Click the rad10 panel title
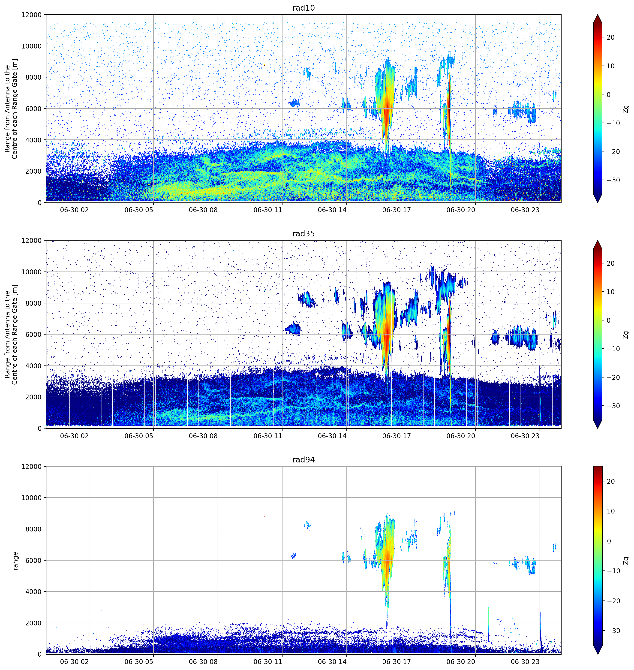coord(303,8)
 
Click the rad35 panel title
coord(303,234)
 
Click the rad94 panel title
coord(303,460)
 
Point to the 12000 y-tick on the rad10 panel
coord(31,15)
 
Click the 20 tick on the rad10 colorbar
coord(610,38)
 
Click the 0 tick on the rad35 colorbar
coord(609,320)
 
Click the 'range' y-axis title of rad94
coord(15,561)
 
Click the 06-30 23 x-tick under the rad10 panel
coord(525,210)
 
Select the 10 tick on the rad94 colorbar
coord(610,511)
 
